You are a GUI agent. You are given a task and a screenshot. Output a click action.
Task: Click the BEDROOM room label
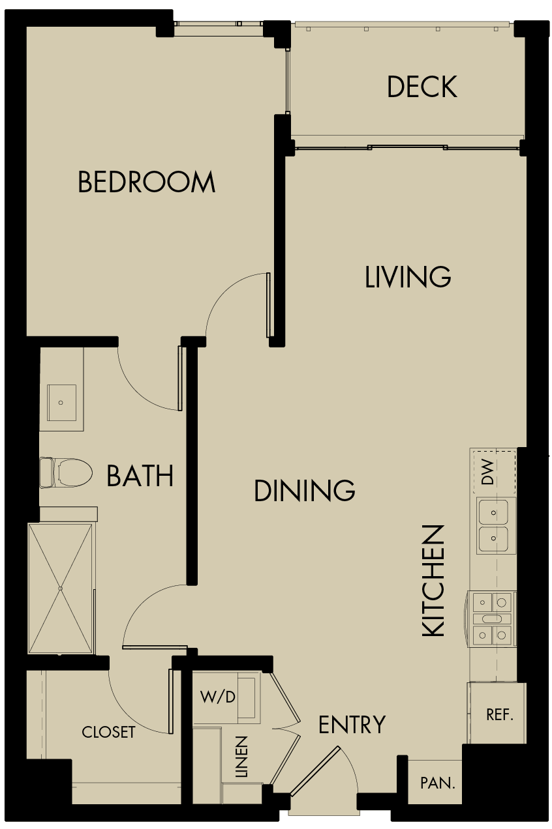click(x=146, y=182)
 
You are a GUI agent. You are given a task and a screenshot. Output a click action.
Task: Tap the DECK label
click(x=422, y=87)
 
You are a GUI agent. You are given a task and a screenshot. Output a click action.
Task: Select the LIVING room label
click(x=408, y=277)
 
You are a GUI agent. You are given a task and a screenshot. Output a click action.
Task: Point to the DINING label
click(x=304, y=491)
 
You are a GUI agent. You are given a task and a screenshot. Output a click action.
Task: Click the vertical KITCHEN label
click(x=434, y=580)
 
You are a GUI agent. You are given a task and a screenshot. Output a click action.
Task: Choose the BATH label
click(x=140, y=476)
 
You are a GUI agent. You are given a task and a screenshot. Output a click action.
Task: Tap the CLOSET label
click(x=108, y=733)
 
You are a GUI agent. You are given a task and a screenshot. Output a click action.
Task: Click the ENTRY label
click(x=352, y=725)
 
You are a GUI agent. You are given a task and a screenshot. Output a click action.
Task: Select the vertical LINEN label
click(x=242, y=757)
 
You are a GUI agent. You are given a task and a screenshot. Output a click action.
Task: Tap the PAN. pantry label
click(x=437, y=783)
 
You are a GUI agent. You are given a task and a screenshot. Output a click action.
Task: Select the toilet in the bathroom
click(x=65, y=473)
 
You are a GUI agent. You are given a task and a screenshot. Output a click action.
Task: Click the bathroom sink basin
click(x=62, y=403)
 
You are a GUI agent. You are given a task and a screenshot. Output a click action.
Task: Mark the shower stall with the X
click(x=61, y=589)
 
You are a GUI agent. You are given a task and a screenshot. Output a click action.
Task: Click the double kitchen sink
click(x=494, y=525)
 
